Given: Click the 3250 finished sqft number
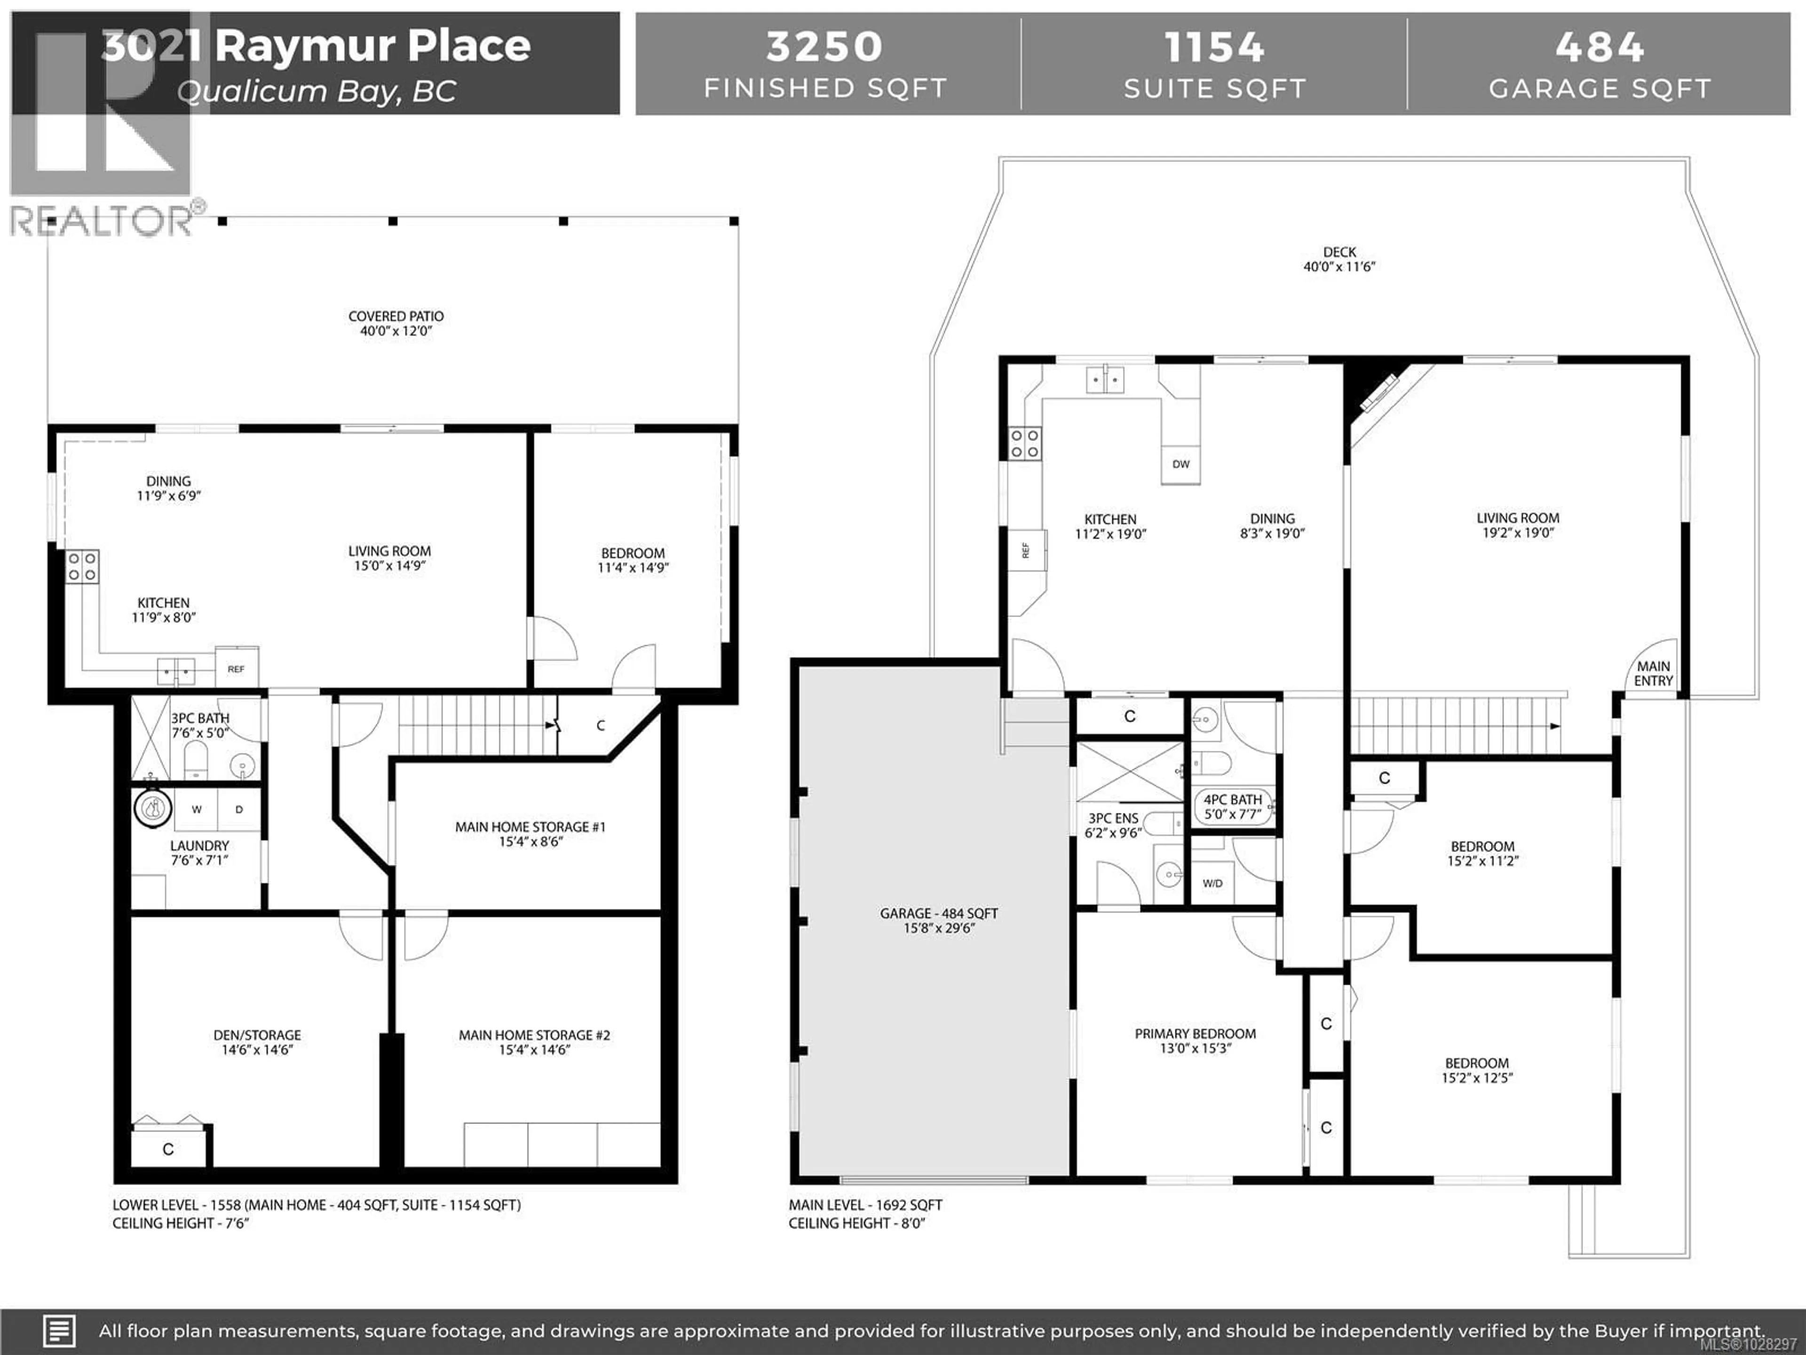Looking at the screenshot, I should click(824, 47).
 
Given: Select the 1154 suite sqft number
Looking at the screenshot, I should click(1214, 47).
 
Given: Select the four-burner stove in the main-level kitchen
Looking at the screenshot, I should click(1025, 444).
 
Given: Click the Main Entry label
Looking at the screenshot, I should click(1653, 674).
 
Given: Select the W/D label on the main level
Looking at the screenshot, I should click(1212, 883).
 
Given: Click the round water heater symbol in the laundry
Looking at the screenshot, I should click(153, 809).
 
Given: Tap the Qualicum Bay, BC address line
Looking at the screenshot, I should click(317, 91).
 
